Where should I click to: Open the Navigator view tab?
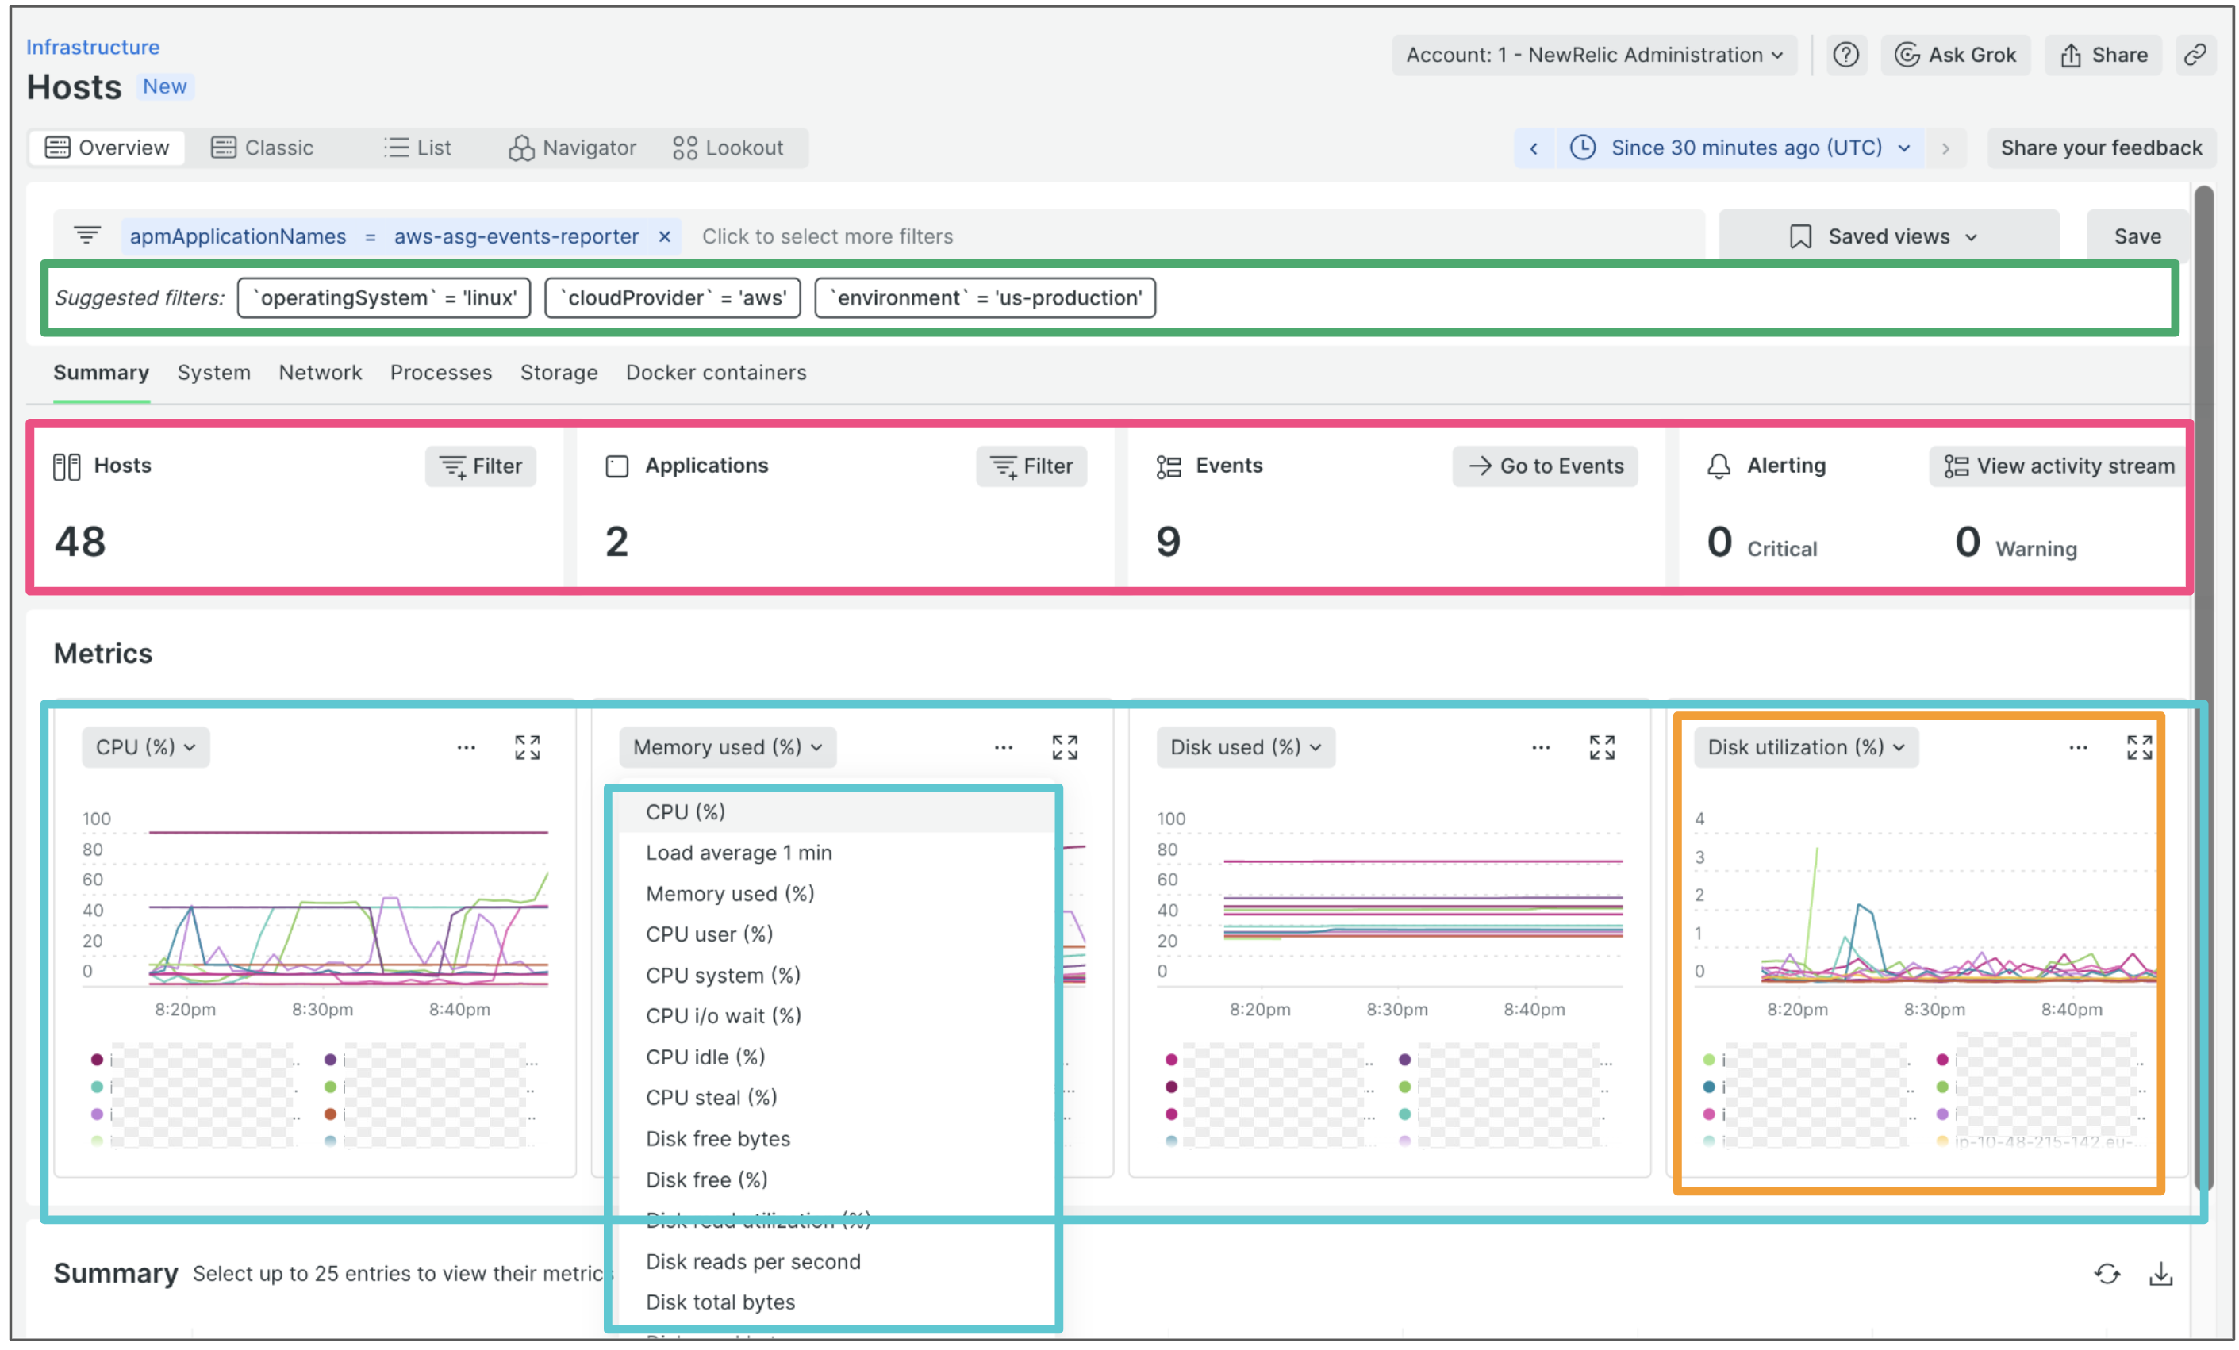pyautogui.click(x=573, y=148)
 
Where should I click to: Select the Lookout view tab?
pyautogui.click(x=728, y=148)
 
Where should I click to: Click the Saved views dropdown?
pyautogui.click(x=1888, y=236)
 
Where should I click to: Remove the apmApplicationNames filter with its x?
pyautogui.click(x=664, y=236)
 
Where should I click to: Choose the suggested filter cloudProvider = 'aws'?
pyautogui.click(x=673, y=298)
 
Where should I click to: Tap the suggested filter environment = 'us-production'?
pyautogui.click(x=985, y=298)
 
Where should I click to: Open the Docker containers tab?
pyautogui.click(x=716, y=373)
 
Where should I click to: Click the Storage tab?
pyautogui.click(x=559, y=373)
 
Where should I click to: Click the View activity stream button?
pyautogui.click(x=2059, y=466)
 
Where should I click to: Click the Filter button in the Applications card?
pyautogui.click(x=1031, y=466)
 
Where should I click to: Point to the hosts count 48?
pyautogui.click(x=80, y=542)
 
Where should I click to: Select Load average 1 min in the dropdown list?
pyautogui.click(x=739, y=852)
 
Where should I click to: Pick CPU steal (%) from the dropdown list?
pyautogui.click(x=712, y=1098)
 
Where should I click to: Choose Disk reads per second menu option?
pyautogui.click(x=753, y=1261)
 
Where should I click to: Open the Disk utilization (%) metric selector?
pyautogui.click(x=1806, y=746)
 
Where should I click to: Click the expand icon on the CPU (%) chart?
pyautogui.click(x=528, y=746)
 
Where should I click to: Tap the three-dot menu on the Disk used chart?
pyautogui.click(x=1541, y=746)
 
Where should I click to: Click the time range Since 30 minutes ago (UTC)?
pyautogui.click(x=1745, y=148)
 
